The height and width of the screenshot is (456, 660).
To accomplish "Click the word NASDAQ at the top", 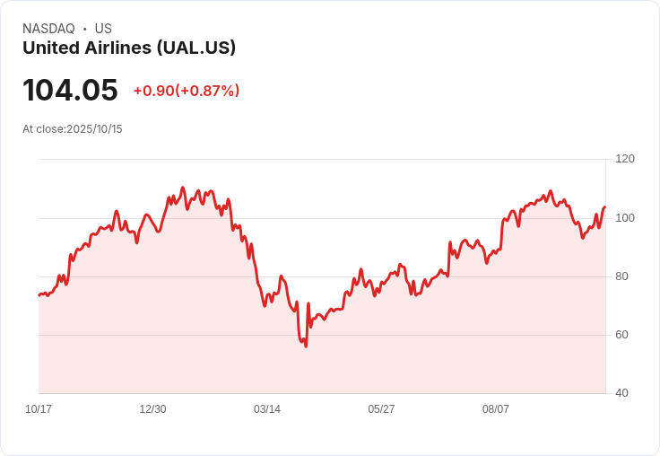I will (48, 29).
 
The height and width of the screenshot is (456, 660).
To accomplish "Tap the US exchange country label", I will (103, 29).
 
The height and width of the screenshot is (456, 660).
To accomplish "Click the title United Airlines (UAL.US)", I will (129, 48).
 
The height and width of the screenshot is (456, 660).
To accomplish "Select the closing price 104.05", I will (70, 91).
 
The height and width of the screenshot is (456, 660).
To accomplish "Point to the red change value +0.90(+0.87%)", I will (187, 91).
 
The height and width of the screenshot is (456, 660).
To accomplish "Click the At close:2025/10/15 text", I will (73, 129).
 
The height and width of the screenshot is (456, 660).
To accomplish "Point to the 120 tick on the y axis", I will (625, 159).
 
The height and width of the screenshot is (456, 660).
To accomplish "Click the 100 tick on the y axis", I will (625, 218).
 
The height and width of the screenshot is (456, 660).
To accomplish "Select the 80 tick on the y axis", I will (621, 276).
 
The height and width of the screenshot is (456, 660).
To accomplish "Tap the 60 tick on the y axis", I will (621, 335).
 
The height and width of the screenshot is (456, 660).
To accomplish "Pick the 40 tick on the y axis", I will (621, 393).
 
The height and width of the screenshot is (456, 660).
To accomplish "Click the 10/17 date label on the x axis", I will (39, 409).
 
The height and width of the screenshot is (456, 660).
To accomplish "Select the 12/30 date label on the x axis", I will (152, 409).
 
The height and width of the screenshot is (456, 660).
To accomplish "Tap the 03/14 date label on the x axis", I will (267, 409).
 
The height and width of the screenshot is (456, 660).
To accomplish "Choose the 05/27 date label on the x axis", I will (381, 409).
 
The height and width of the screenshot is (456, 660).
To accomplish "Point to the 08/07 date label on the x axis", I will (496, 409).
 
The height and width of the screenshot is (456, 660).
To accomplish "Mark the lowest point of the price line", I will (306, 346).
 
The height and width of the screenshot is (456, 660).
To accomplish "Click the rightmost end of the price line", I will (605, 207).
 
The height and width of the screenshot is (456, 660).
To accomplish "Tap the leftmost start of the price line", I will (39, 295).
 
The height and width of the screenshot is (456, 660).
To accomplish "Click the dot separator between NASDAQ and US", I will (85, 29).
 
